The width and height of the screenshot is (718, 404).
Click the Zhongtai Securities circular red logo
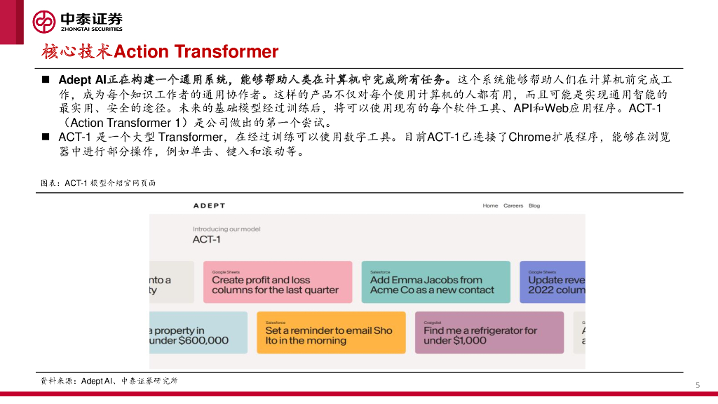(44, 22)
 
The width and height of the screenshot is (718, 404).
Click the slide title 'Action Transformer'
(196, 51)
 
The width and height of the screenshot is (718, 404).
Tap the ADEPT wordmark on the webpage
(209, 206)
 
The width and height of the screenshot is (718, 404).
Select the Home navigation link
(490, 206)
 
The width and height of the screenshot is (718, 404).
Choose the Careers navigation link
(513, 206)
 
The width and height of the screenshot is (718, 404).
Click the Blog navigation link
(534, 206)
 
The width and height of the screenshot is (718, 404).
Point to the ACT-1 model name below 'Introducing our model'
(207, 240)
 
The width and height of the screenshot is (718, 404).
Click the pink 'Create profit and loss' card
(278, 282)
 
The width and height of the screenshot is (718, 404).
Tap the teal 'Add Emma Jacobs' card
(436, 282)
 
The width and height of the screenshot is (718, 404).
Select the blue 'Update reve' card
(553, 282)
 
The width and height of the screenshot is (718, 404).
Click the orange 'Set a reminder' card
(331, 332)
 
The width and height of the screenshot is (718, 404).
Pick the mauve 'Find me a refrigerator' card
(489, 332)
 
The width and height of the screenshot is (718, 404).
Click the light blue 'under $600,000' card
(198, 332)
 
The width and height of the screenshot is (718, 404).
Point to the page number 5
(698, 385)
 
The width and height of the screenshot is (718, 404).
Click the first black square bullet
(46, 80)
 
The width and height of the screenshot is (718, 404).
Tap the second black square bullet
(46, 137)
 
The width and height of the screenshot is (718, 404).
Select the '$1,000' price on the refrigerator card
(470, 340)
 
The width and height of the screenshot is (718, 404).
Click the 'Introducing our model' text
(226, 229)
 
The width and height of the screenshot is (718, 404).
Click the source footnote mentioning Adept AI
(109, 381)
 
